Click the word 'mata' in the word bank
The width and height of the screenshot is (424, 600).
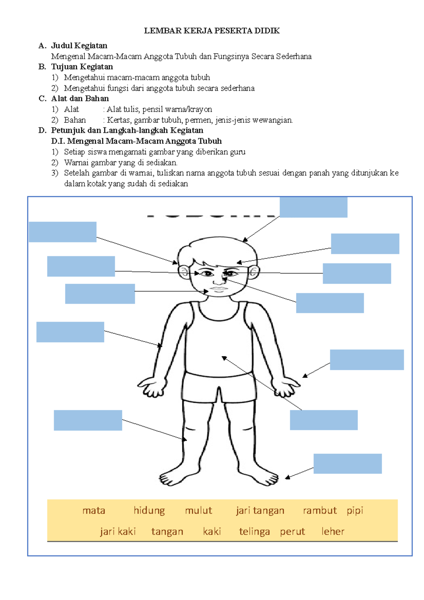tap(94, 511)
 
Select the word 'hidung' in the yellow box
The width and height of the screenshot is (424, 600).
tap(149, 511)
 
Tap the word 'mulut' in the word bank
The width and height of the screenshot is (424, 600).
tap(199, 511)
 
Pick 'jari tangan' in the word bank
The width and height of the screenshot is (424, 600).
tap(260, 511)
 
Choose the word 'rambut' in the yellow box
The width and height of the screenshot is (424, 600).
tap(320, 511)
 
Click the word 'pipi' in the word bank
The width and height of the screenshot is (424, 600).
tap(355, 511)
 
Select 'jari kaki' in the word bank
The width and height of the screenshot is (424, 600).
tap(118, 531)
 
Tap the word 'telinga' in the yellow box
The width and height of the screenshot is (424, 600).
tap(254, 531)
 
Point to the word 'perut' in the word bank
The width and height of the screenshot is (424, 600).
tap(292, 531)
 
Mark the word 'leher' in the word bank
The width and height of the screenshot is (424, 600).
tap(333, 531)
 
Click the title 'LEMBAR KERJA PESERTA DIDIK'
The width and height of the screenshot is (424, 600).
tap(212, 31)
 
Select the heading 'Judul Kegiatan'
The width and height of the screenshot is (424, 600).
tap(79, 46)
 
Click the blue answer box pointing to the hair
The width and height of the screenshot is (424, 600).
tap(313, 207)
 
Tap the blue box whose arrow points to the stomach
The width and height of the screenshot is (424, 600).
tap(324, 420)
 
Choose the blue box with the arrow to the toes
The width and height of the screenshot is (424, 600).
tap(348, 464)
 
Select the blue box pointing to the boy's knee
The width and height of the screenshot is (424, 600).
tap(88, 420)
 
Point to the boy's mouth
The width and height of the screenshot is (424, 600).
tap(219, 289)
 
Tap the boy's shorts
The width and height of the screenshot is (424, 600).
tap(219, 387)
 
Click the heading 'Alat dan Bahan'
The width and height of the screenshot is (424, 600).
tap(80, 99)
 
